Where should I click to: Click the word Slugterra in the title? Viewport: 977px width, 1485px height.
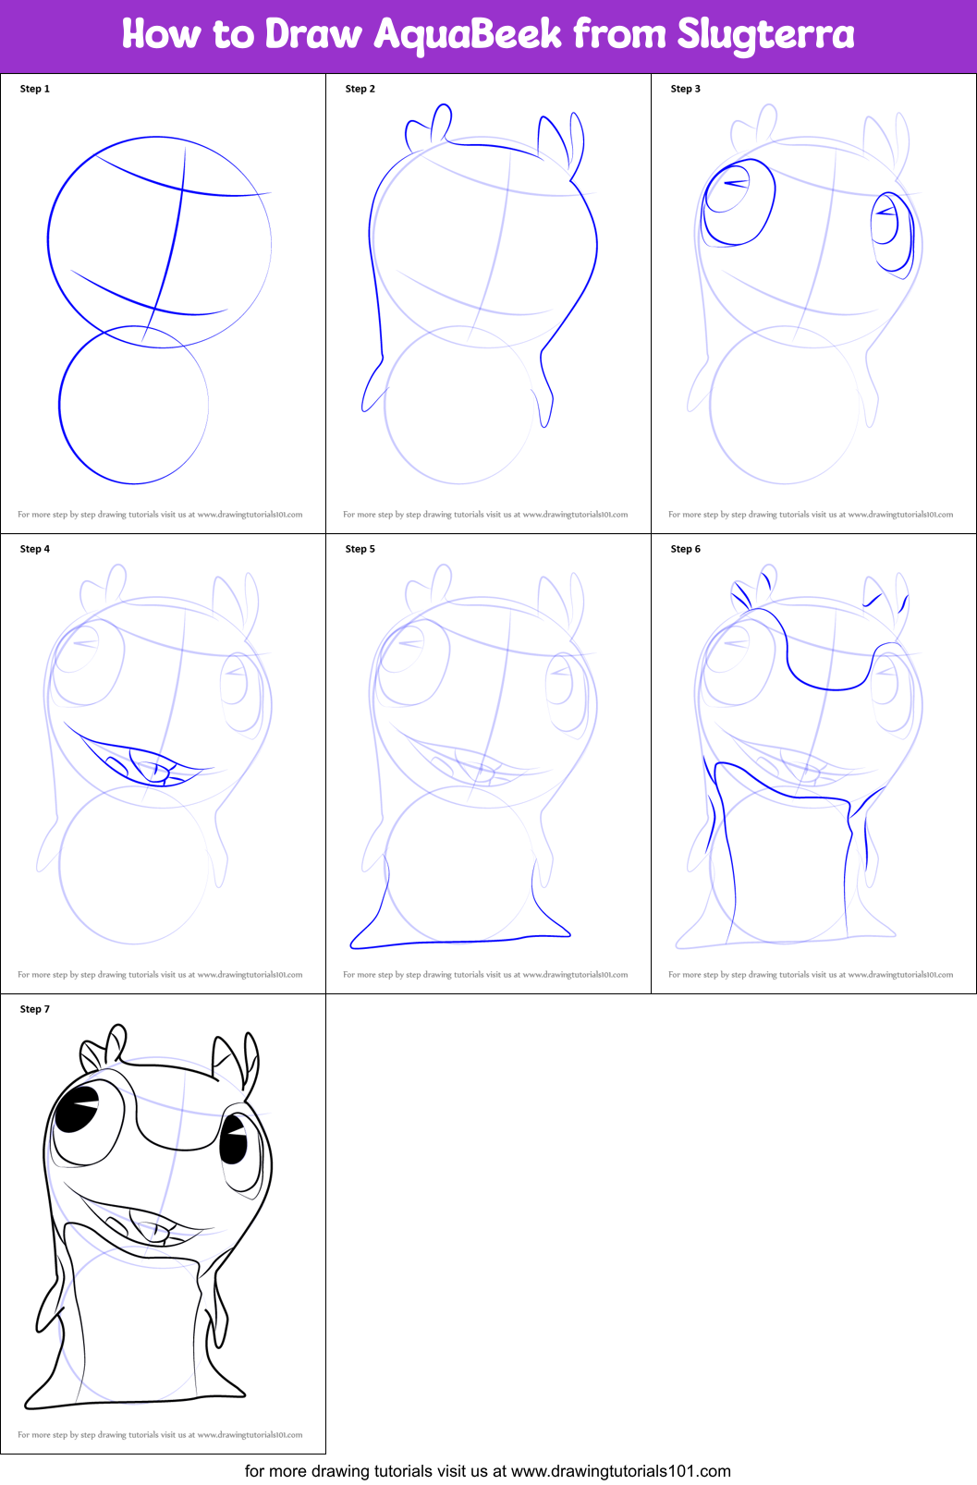click(765, 35)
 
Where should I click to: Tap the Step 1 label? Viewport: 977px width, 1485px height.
click(35, 89)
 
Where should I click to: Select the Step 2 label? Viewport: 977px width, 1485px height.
click(360, 89)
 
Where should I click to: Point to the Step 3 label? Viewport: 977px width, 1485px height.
click(686, 89)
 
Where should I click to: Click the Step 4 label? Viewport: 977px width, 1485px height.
click(35, 549)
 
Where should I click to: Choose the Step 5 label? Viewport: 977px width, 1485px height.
click(360, 549)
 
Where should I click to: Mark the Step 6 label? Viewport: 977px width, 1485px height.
click(686, 549)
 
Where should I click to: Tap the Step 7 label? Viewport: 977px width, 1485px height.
click(35, 1009)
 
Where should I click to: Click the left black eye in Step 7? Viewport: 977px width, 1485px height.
click(78, 1108)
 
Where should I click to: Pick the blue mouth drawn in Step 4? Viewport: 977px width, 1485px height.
click(139, 760)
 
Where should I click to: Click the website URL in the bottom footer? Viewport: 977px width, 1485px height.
click(620, 1471)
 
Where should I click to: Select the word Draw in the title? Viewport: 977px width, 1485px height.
click(313, 35)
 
